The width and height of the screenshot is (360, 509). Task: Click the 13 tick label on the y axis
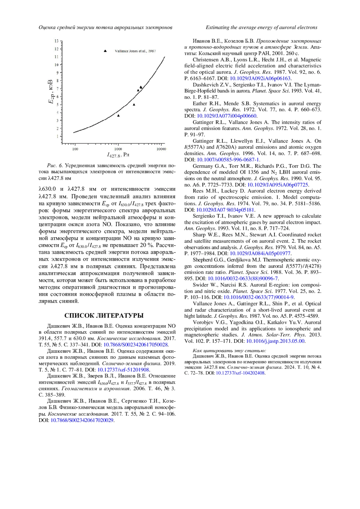[x=56, y=41]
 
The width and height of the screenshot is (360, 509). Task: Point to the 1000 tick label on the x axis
[x=118, y=149]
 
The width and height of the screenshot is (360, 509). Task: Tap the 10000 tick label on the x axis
[x=161, y=149]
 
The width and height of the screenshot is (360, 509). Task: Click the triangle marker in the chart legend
[x=105, y=51]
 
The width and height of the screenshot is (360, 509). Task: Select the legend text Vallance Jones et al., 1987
[x=135, y=51]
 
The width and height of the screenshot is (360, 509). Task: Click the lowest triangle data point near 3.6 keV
[x=118, y=115]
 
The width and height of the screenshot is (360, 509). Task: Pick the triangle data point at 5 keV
[x=134, y=105]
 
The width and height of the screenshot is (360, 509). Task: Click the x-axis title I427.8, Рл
[x=118, y=155]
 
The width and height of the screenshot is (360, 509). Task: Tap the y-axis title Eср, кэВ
[x=51, y=92]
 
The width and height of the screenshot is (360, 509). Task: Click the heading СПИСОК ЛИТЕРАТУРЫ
[x=104, y=316]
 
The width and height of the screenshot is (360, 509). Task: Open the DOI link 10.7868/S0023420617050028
[x=135, y=345]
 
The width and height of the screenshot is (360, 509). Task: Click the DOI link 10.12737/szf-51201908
[x=123, y=370]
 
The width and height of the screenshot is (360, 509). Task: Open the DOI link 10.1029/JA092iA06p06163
[x=260, y=78]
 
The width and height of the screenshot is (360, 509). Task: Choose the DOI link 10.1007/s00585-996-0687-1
[x=228, y=160]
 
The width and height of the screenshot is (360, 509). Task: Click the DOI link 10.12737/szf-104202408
[x=240, y=373]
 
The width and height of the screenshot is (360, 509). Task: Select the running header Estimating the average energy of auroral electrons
[x=261, y=28]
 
